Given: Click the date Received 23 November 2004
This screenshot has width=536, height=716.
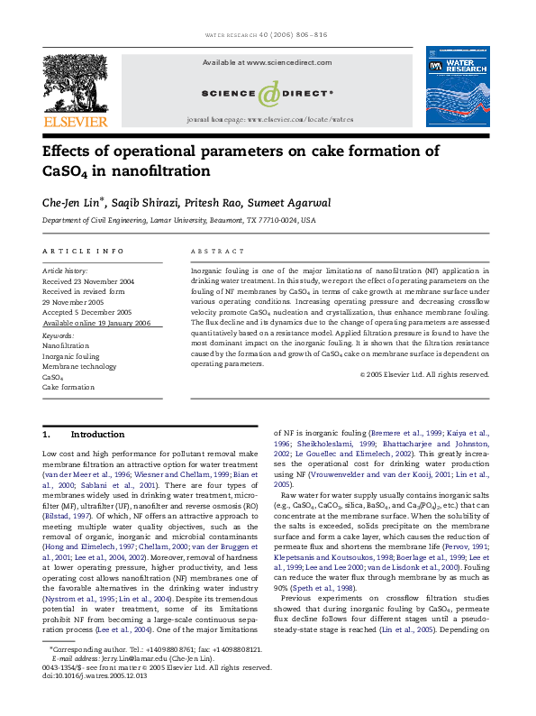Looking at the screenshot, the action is [88, 281].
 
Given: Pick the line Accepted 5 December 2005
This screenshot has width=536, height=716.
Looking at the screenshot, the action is [86, 312].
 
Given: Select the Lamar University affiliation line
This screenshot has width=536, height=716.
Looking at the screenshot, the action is [179, 220].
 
